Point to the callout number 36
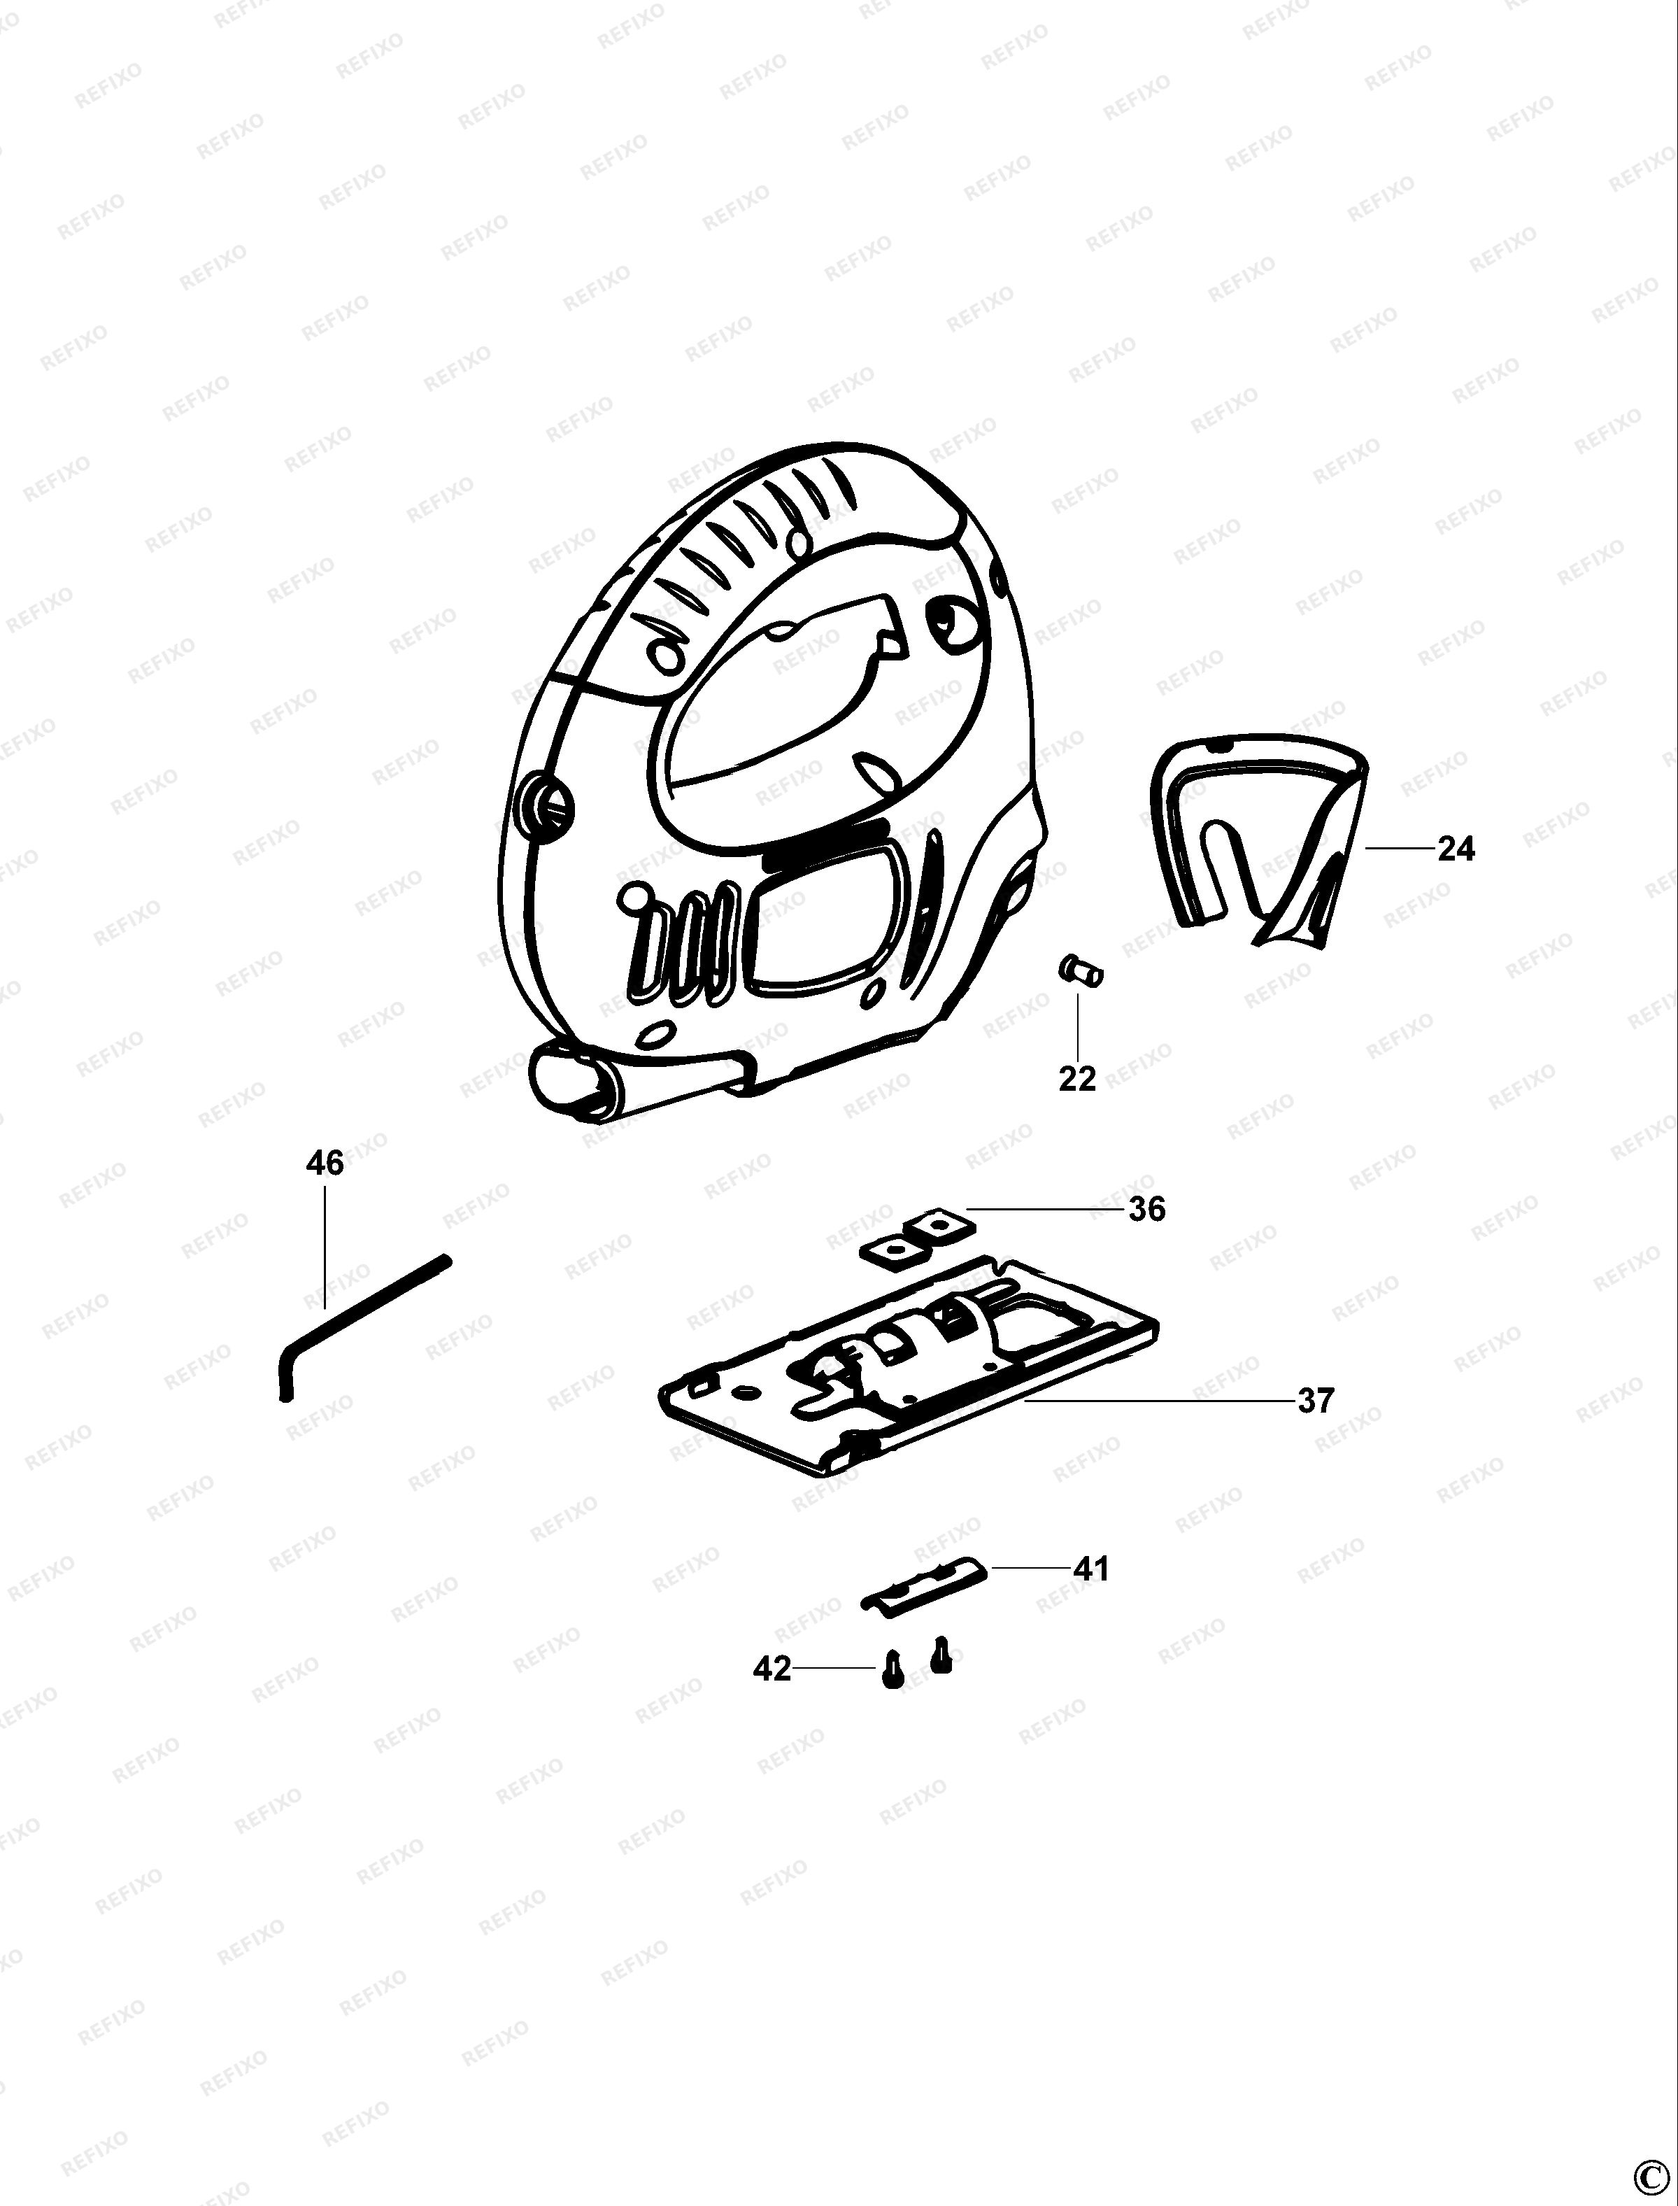(x=1146, y=1209)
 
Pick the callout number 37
(x=1316, y=1401)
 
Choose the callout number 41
(x=1090, y=1569)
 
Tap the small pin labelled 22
(x=1080, y=970)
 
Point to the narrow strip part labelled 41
(x=924, y=1582)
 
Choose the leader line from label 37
(x=1158, y=1401)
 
